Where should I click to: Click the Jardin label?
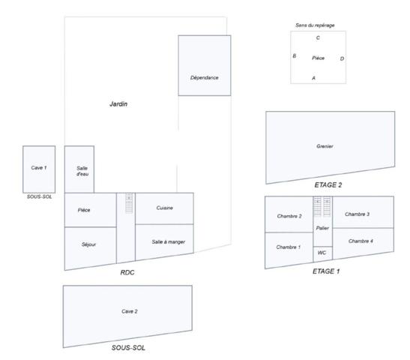coord(118,103)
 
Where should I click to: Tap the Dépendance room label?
coord(204,78)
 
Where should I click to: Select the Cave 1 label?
coord(39,168)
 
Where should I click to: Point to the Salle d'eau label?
coord(82,171)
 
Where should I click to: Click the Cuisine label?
coord(164,208)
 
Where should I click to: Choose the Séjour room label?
coord(88,244)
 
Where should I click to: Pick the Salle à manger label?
coord(169,242)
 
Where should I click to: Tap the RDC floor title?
coord(127,272)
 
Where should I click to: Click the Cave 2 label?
coord(130,311)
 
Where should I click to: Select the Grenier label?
coord(325,146)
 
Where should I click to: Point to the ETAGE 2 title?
coord(328,185)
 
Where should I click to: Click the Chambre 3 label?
coord(357,214)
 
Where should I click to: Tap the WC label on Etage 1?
coord(322,253)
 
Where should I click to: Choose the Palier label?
coord(322,228)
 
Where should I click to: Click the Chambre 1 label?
coord(289,247)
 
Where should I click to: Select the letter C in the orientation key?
coord(318,38)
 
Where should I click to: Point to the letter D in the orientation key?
coord(342,58)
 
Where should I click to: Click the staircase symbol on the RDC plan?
coord(129,203)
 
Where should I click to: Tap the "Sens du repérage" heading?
coord(315,25)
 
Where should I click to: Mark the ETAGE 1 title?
coord(326,271)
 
